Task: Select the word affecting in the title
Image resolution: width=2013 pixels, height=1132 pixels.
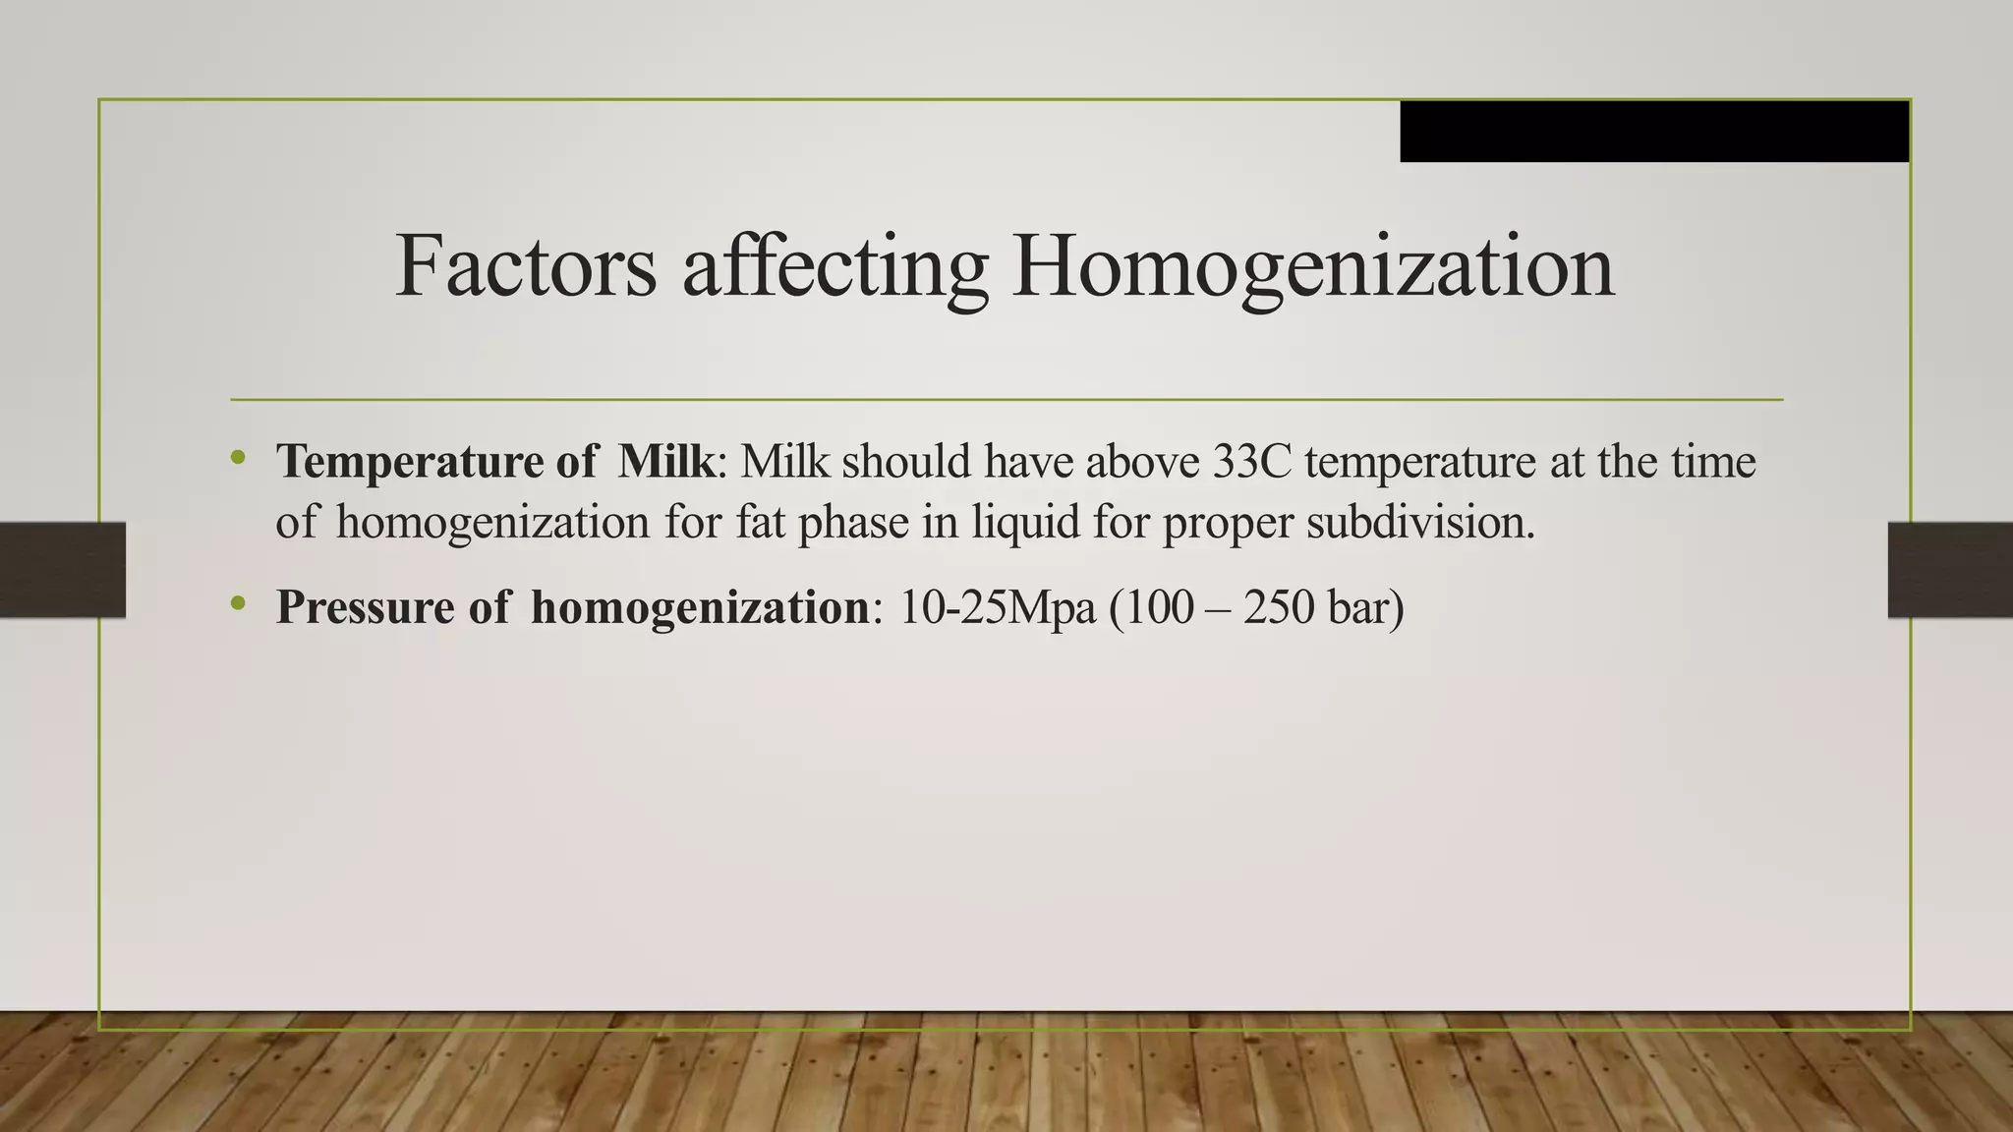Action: tap(835, 267)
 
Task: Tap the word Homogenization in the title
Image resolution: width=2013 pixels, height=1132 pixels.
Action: tap(1313, 267)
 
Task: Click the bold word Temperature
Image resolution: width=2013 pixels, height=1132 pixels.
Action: tap(410, 462)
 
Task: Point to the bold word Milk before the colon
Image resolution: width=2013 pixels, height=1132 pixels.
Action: tap(665, 462)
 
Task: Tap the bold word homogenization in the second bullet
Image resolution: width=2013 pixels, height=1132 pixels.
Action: tap(699, 607)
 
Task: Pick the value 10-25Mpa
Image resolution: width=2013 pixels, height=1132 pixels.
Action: tap(997, 607)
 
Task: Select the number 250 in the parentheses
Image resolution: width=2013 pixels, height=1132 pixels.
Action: tap(1278, 607)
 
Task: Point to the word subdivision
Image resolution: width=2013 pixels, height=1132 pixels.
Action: tap(1419, 522)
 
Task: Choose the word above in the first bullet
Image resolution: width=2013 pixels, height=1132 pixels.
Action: tap(1142, 462)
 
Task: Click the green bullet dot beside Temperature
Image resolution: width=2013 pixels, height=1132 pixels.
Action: tap(237, 457)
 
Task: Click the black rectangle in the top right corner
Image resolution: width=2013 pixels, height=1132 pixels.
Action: tap(1654, 131)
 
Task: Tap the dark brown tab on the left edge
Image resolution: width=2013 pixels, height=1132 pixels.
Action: tap(63, 570)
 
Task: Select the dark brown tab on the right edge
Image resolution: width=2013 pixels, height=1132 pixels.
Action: tap(1950, 570)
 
